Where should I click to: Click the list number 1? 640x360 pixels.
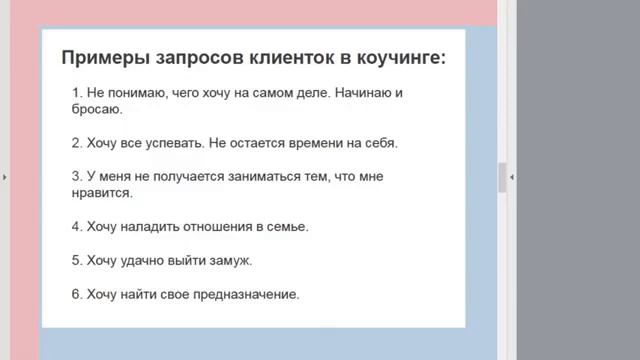(76, 93)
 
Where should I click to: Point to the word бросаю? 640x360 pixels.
(97, 109)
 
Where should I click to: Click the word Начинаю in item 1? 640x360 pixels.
(350, 93)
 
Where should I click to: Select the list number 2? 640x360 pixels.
(76, 143)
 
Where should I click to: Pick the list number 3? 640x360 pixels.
(76, 177)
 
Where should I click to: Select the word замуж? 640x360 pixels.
(232, 261)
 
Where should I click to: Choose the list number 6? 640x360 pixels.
(76, 295)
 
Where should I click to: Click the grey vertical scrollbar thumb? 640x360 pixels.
(503, 176)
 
